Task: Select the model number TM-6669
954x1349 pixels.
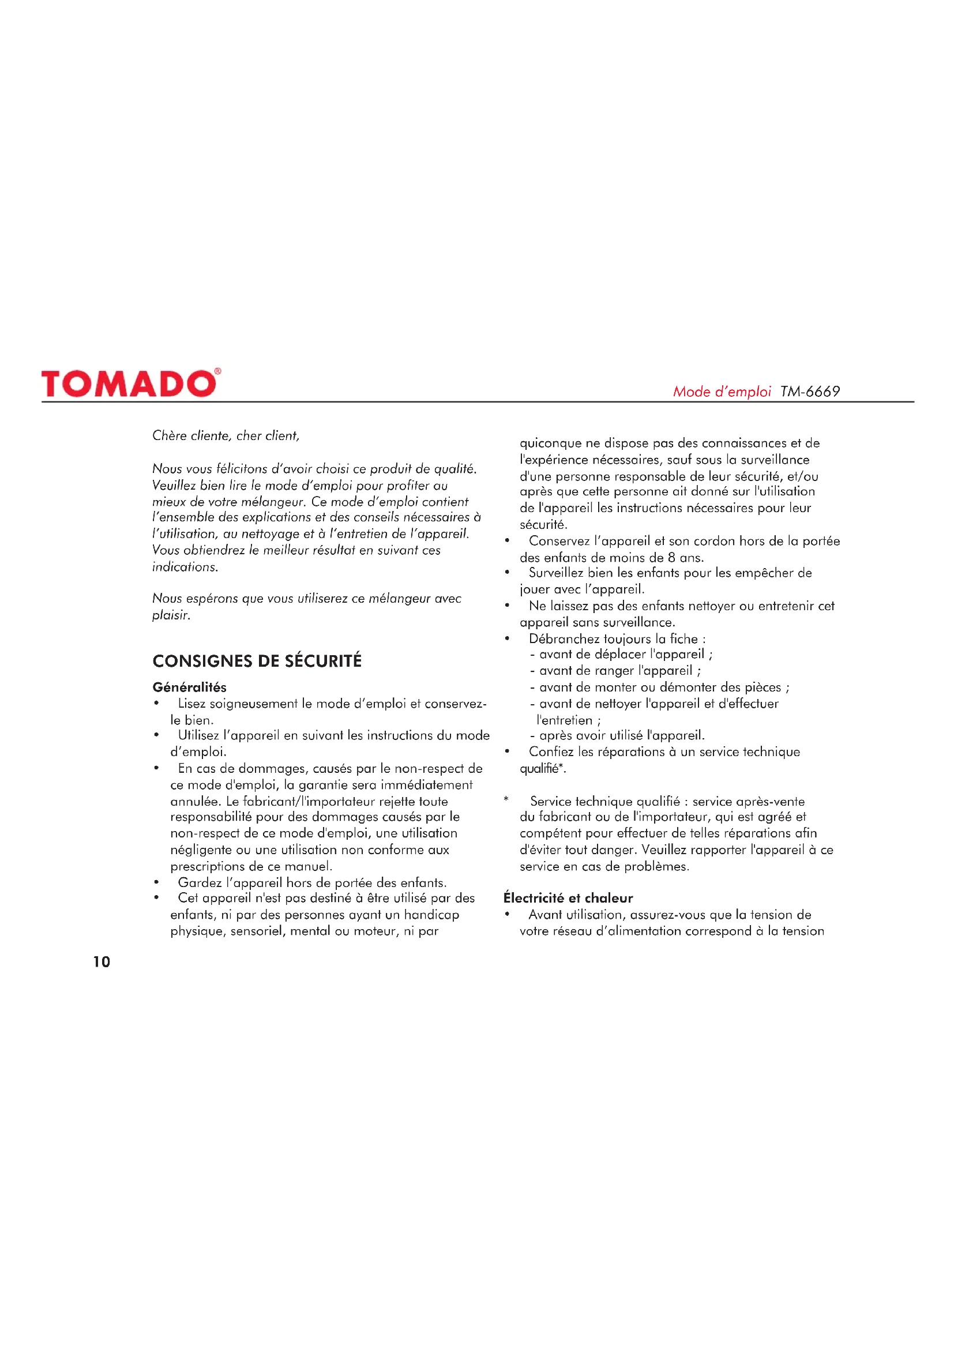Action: click(x=809, y=392)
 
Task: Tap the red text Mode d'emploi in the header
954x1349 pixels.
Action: click(x=722, y=392)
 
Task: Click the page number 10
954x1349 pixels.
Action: click(x=102, y=962)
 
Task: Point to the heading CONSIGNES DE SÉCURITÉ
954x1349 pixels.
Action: click(x=257, y=661)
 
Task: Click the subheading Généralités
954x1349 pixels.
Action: click(x=189, y=687)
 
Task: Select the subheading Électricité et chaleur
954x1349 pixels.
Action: click(x=568, y=898)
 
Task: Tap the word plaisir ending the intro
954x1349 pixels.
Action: click(x=170, y=615)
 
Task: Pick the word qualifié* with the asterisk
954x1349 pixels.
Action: click(x=542, y=768)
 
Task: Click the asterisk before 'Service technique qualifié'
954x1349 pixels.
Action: click(x=506, y=799)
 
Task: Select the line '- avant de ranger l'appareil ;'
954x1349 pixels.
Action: click(x=615, y=670)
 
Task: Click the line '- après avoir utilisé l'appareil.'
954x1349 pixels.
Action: click(x=617, y=735)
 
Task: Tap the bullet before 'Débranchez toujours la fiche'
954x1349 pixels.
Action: click(x=507, y=638)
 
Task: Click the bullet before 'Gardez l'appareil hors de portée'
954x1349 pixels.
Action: click(x=156, y=882)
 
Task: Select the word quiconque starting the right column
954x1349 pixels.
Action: click(x=550, y=443)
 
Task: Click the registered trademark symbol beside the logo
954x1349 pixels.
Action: click(x=217, y=371)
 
